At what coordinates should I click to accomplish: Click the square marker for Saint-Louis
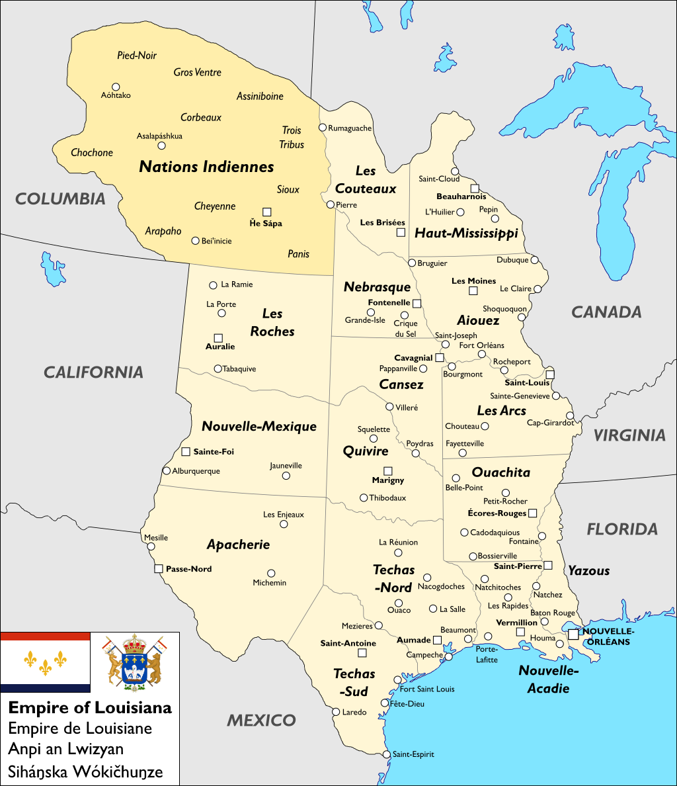pyautogui.click(x=549, y=374)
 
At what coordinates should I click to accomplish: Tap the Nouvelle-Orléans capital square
pyautogui.click(x=573, y=634)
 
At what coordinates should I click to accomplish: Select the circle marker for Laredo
pyautogui.click(x=335, y=712)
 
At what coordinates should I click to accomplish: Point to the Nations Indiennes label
pyautogui.click(x=206, y=167)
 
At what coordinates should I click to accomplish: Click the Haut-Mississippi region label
pyautogui.click(x=465, y=233)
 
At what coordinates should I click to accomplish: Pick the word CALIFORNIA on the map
pyautogui.click(x=93, y=372)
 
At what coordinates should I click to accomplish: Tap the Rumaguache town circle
pyautogui.click(x=323, y=128)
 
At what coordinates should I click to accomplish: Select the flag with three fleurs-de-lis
pyautogui.click(x=45, y=662)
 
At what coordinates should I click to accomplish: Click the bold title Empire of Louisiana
pyautogui.click(x=90, y=707)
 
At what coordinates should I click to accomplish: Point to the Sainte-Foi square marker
pyautogui.click(x=186, y=452)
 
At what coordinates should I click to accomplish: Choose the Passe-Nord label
pyautogui.click(x=188, y=569)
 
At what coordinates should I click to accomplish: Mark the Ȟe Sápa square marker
pyautogui.click(x=266, y=212)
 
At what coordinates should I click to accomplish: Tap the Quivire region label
pyautogui.click(x=366, y=451)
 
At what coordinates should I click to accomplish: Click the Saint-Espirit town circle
pyautogui.click(x=387, y=754)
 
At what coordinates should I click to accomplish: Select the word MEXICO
pyautogui.click(x=261, y=720)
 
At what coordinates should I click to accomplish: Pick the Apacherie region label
pyautogui.click(x=238, y=545)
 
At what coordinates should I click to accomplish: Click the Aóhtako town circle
pyautogui.click(x=116, y=87)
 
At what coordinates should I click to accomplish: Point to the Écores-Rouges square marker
pyautogui.click(x=532, y=513)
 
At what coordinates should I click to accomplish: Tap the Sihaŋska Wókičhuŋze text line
pyautogui.click(x=85, y=771)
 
